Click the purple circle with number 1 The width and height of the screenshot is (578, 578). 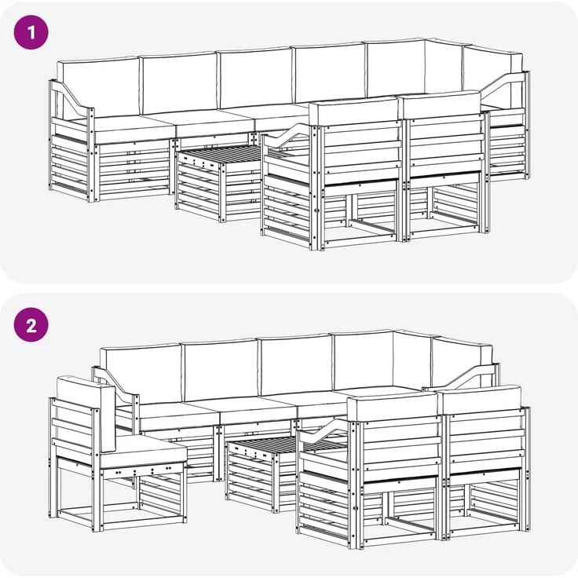[x=31, y=32]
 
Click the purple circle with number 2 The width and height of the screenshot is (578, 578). [x=31, y=325]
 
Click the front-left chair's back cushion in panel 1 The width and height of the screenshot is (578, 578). [x=354, y=111]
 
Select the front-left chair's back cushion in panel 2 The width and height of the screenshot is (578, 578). [x=393, y=404]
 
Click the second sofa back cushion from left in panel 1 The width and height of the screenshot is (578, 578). [x=178, y=83]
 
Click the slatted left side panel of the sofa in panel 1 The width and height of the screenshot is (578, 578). [x=70, y=163]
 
